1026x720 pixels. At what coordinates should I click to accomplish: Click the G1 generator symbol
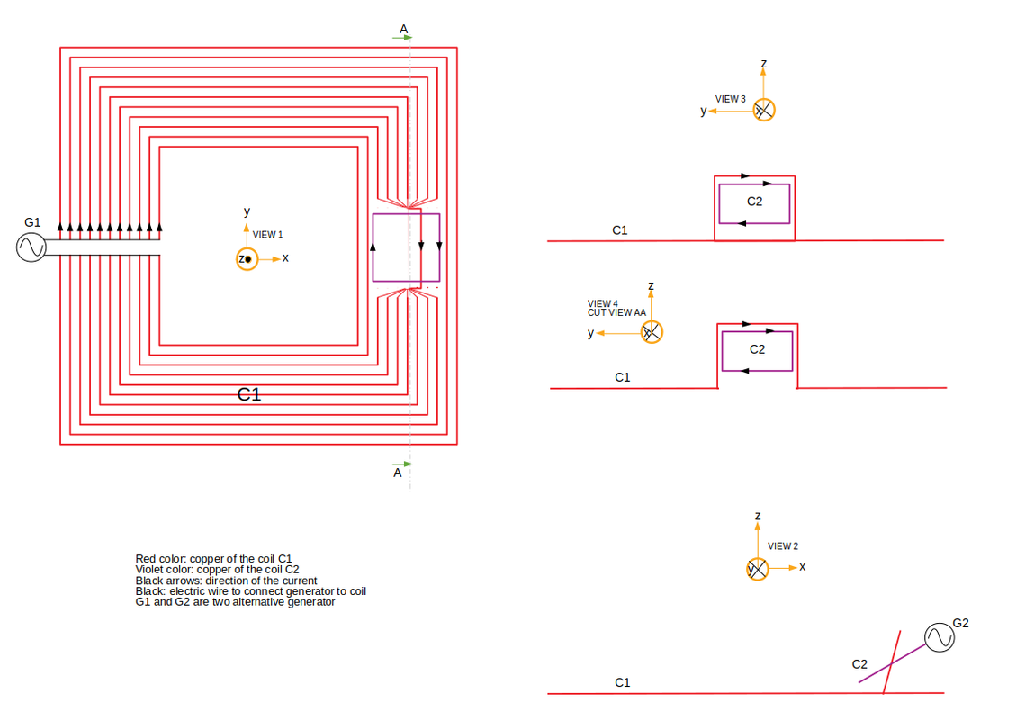click(31, 247)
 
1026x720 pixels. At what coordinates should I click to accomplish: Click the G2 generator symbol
click(940, 637)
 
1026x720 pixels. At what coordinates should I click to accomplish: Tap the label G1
click(32, 222)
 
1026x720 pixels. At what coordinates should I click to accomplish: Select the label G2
click(960, 623)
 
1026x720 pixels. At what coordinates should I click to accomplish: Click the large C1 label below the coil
click(248, 394)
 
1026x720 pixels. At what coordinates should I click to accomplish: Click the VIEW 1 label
click(267, 234)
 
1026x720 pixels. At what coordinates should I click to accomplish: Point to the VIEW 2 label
click(783, 546)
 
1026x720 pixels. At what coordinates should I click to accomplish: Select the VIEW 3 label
click(730, 100)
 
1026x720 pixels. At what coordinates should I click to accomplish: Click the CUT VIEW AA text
click(616, 313)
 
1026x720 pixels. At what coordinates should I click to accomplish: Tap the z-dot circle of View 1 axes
click(247, 259)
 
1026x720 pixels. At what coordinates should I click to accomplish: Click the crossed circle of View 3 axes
click(763, 111)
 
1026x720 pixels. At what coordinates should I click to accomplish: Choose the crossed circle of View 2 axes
click(758, 569)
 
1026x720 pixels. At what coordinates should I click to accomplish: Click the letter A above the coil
click(404, 29)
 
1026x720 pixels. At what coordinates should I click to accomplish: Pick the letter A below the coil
click(397, 472)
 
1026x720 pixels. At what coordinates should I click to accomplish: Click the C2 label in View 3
click(754, 202)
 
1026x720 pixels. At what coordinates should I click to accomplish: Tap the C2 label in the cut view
click(757, 349)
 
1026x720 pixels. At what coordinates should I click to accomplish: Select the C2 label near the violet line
click(859, 664)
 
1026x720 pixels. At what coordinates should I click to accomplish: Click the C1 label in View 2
click(622, 683)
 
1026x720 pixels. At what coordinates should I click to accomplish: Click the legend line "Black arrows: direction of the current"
click(226, 580)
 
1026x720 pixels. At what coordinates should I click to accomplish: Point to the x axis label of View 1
click(285, 258)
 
